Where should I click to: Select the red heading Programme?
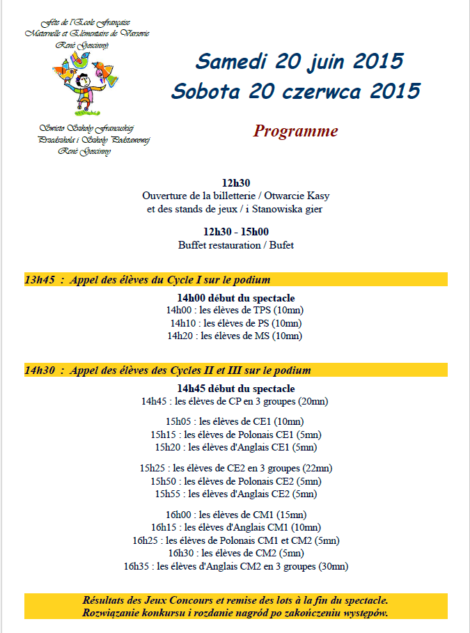(296, 131)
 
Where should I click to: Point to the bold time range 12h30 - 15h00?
(236, 232)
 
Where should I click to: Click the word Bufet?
(281, 245)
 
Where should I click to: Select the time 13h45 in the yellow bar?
(39, 280)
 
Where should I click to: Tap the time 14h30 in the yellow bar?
(39, 370)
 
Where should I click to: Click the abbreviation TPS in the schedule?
(262, 310)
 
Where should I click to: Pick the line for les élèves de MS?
(235, 336)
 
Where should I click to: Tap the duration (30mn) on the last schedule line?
(331, 566)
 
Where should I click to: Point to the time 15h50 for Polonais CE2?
(164, 481)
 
